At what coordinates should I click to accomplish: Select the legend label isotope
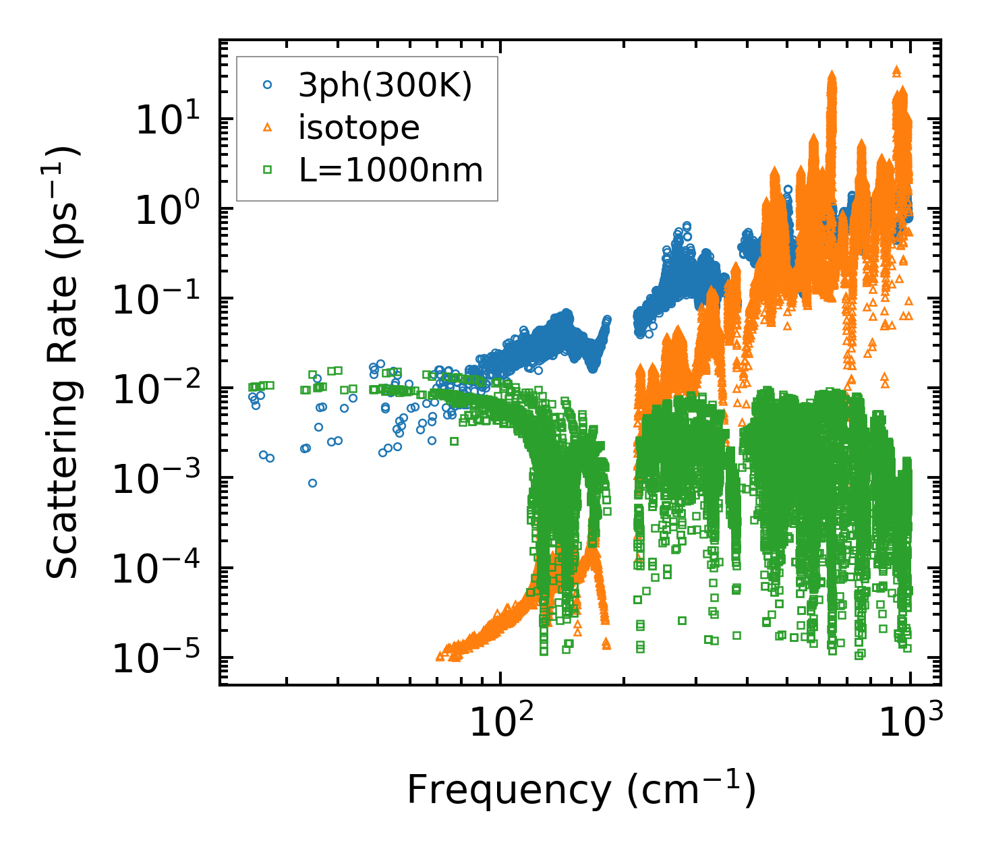pos(359,127)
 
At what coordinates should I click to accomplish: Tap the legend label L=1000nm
pos(391,170)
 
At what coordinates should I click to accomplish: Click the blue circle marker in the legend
pos(268,85)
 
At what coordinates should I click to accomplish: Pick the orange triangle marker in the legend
pos(268,127)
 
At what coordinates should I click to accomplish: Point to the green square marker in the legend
pos(268,170)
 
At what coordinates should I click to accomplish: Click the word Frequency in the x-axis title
pos(509,790)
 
